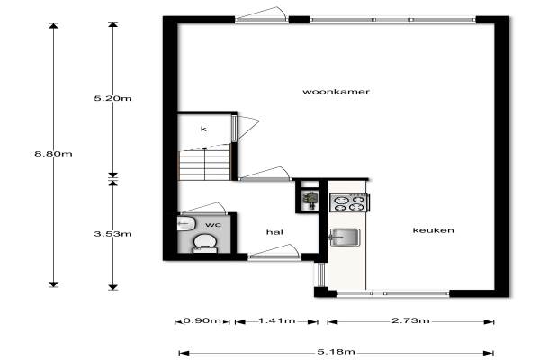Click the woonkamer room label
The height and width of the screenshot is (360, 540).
coord(336,92)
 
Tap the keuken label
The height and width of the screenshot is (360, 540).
coord(433,230)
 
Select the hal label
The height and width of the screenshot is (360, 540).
coord(274,232)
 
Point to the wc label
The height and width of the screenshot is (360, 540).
coord(213,225)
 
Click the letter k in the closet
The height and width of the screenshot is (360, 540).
coord(203,129)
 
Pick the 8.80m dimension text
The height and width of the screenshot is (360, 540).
coord(53,154)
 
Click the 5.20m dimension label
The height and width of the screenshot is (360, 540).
coord(113,98)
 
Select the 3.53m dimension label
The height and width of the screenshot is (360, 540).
coord(113,234)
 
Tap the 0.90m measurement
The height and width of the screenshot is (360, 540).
coord(202,320)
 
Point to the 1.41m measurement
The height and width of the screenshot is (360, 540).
coord(277,320)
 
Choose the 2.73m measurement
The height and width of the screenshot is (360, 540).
coord(410,320)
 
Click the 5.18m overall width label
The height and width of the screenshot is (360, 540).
coord(336,352)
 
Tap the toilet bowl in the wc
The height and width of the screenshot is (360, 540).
coord(205,243)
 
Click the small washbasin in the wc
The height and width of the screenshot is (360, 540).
coord(186,224)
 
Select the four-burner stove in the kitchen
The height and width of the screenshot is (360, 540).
coord(350,202)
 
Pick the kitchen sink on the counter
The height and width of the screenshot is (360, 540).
coord(345,238)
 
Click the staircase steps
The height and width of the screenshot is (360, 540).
coord(204,166)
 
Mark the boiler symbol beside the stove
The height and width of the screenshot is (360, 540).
coord(311,200)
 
